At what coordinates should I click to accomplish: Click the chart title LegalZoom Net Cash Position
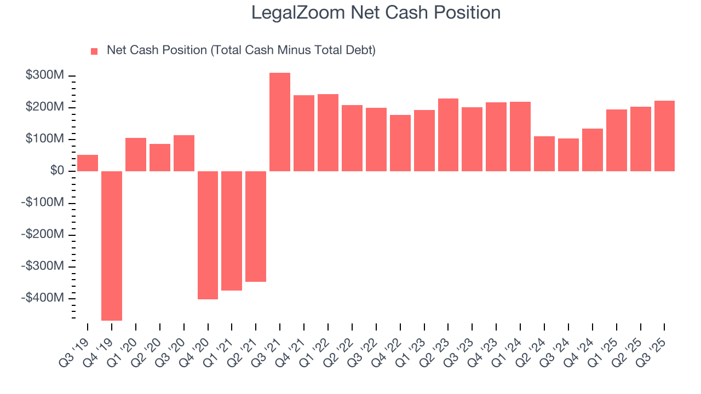[376, 13]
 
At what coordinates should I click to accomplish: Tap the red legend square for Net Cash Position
[94, 51]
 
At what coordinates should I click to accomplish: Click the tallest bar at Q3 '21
[280, 122]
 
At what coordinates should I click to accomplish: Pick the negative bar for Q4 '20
[208, 235]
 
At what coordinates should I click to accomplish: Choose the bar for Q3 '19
[88, 163]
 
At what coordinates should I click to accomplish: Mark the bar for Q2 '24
[544, 154]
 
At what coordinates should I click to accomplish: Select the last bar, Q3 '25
[664, 136]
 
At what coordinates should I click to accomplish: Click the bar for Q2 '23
[448, 135]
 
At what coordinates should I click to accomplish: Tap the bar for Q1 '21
[232, 230]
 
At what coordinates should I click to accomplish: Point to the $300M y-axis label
[44, 75]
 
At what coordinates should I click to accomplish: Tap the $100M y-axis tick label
[44, 139]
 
